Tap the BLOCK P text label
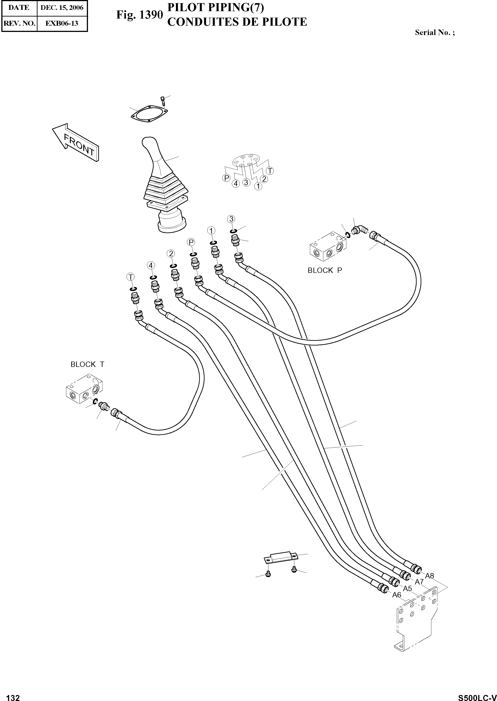(325, 270)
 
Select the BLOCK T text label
(87, 364)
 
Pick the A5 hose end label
(407, 588)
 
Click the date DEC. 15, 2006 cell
(62, 8)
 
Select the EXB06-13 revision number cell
(62, 23)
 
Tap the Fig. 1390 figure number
(139, 14)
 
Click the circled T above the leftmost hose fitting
(131, 277)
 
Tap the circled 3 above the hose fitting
(231, 219)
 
